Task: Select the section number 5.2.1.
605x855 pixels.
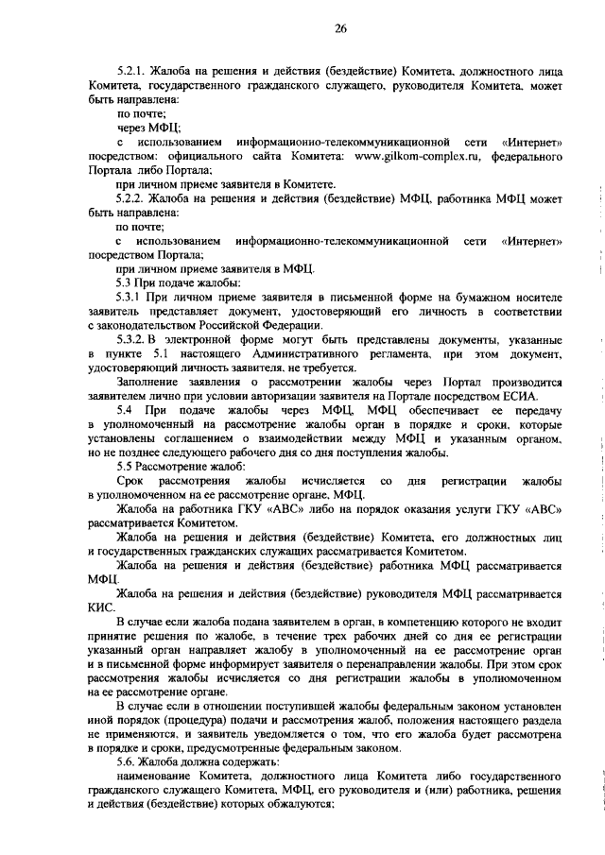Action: point(132,72)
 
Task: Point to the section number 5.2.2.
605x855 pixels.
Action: point(132,198)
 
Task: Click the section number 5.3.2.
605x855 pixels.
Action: point(131,338)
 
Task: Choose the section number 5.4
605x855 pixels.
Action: point(125,413)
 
